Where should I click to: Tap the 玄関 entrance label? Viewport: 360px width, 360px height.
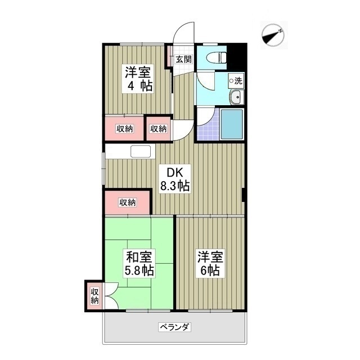(183, 58)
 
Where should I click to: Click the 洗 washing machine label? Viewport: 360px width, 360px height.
(237, 81)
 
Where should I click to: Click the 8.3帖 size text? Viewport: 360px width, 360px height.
(175, 186)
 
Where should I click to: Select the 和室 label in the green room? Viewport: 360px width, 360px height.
(138, 257)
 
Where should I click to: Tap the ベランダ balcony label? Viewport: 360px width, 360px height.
(174, 327)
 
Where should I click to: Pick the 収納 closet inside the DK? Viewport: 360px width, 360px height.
(127, 202)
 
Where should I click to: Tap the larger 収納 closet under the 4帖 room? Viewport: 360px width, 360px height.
(124, 129)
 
